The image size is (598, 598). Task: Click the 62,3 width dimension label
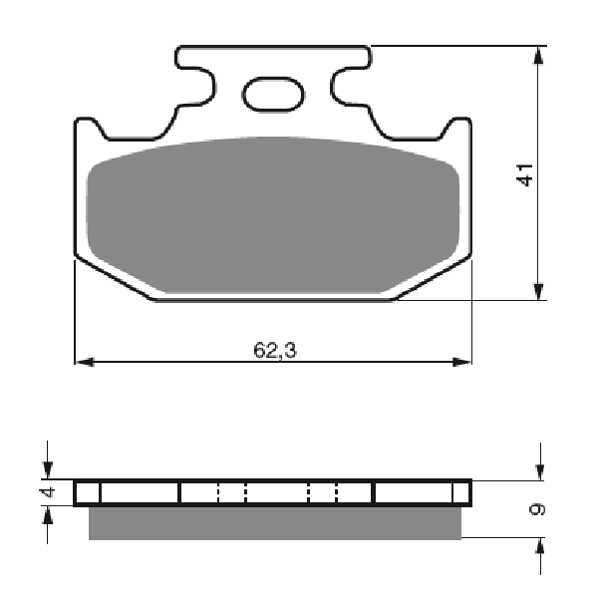[x=275, y=350]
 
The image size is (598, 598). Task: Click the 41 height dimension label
[x=525, y=175]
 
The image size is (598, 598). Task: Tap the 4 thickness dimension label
[x=49, y=492]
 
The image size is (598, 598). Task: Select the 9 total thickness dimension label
[x=538, y=509]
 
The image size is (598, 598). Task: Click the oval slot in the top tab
[x=273, y=95]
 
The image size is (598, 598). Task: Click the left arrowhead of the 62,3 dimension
[x=85, y=362]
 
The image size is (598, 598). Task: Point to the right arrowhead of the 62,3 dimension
[x=461, y=362]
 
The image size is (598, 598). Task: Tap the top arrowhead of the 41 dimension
[x=538, y=56]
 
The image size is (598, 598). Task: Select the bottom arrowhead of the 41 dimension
[x=538, y=291]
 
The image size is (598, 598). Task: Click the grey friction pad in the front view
[x=273, y=215]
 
